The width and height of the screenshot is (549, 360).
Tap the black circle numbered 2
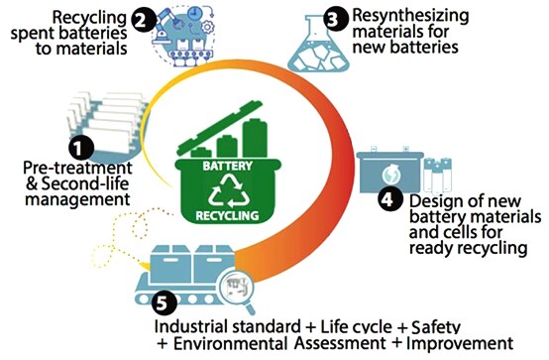tap(145, 19)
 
